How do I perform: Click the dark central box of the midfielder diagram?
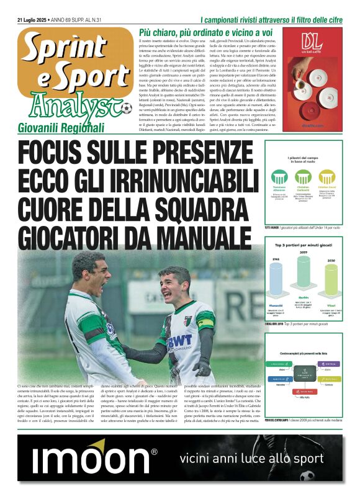304,372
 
